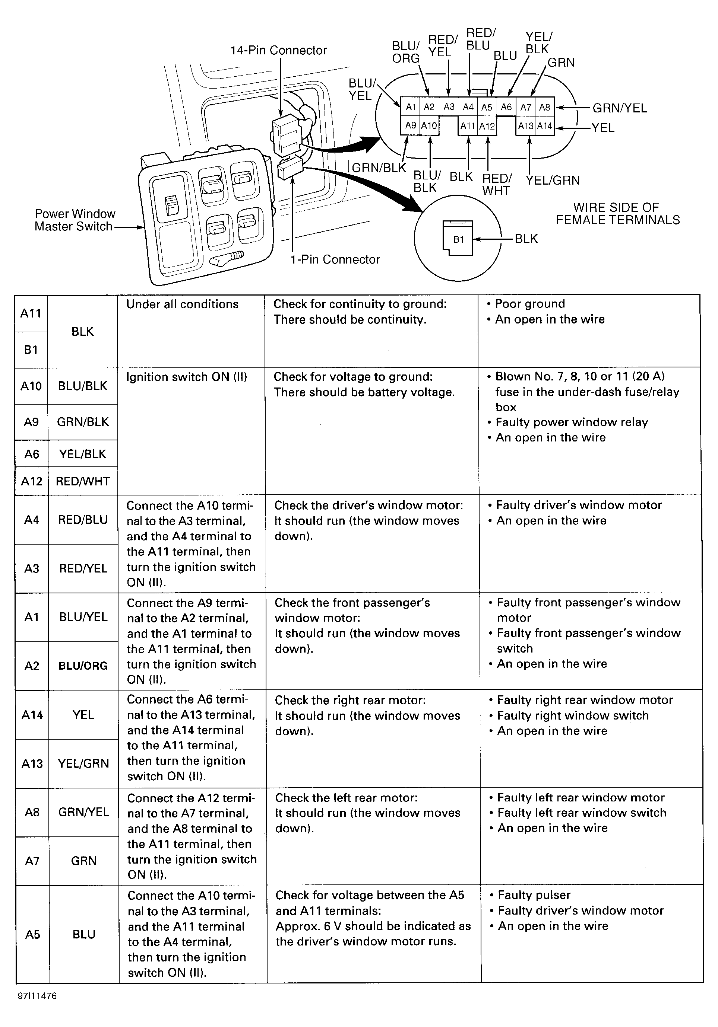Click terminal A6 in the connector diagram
pos(506,107)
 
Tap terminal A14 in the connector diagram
pos(544,126)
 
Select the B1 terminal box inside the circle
pos(458,239)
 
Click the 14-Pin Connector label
pos(278,50)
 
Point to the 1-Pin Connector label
pos(335,259)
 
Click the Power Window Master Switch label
pos(74,220)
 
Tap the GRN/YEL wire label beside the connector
pos(620,108)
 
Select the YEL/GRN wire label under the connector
pos(552,180)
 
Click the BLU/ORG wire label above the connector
pos(405,52)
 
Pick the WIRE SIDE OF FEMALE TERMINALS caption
pos(617,214)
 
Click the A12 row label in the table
pos(31,481)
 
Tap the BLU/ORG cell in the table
pos(83,666)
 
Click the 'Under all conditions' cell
pos(182,304)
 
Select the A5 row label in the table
pos(32,934)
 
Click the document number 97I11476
pos(37,996)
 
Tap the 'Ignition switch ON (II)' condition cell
pos(186,377)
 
